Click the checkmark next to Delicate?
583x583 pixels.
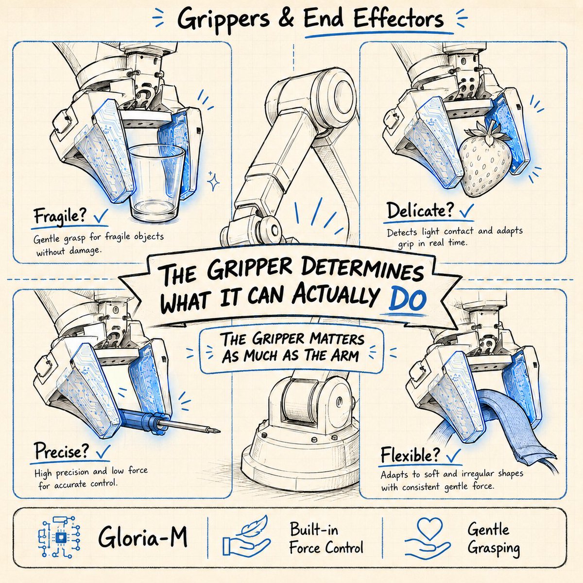(467, 211)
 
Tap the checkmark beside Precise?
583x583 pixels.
(103, 453)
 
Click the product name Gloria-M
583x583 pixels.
(143, 537)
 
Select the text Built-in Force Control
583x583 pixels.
(326, 537)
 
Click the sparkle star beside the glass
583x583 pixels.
(213, 181)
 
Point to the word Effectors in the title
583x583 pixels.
(398, 19)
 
